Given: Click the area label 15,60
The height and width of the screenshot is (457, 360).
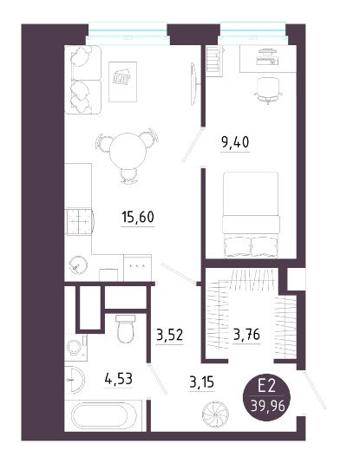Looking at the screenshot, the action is click(138, 217).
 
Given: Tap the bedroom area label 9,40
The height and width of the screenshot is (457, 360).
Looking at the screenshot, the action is click(235, 142).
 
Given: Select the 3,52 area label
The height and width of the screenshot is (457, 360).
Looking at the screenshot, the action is click(170, 335).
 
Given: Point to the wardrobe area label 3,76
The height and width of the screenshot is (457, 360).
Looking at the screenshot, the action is click(246, 335).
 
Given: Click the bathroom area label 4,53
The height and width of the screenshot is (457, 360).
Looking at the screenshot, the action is click(118, 379).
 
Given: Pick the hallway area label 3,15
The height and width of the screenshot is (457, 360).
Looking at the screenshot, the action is click(202, 382).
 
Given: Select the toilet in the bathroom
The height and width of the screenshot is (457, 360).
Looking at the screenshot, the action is click(126, 329).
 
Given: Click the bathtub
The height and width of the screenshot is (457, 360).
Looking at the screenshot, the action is click(103, 415).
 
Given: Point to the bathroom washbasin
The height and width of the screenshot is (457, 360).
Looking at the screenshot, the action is click(75, 380).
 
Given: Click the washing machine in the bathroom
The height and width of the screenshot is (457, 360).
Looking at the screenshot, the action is click(75, 347).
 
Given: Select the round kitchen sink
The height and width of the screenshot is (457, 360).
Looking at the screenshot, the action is click(78, 265).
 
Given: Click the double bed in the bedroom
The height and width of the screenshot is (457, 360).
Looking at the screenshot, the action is click(251, 215).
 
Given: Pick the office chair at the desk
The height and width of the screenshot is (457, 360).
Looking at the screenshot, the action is click(268, 89).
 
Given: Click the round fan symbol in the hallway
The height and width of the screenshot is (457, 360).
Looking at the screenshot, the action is click(215, 415).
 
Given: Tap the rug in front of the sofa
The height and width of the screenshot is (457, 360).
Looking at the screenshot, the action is click(122, 82).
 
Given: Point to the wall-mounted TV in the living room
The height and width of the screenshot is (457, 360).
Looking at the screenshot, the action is click(194, 84).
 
